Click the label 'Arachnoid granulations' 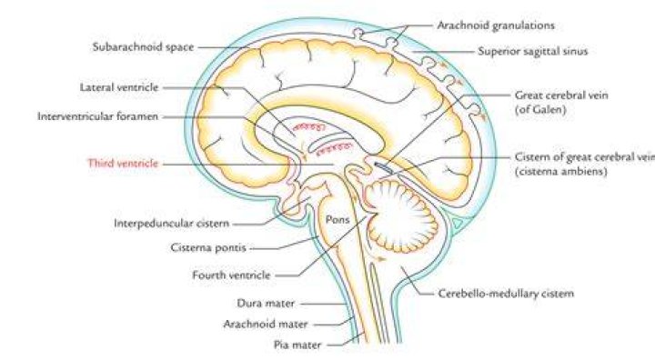[x=496, y=25]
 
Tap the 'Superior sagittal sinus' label [x=532, y=52]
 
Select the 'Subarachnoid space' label [x=144, y=47]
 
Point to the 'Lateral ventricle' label [x=119, y=87]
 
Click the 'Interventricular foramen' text [x=97, y=116]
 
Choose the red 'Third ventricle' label [x=123, y=164]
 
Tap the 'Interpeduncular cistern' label [x=172, y=224]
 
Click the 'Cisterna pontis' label [x=208, y=247]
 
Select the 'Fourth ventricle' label [x=231, y=275]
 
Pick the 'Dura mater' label [x=266, y=304]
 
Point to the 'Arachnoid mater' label [x=266, y=324]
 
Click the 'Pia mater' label [x=297, y=345]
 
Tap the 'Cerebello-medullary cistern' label [x=506, y=294]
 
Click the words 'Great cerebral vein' [x=561, y=95]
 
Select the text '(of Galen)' [x=540, y=110]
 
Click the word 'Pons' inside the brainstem [x=338, y=219]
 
